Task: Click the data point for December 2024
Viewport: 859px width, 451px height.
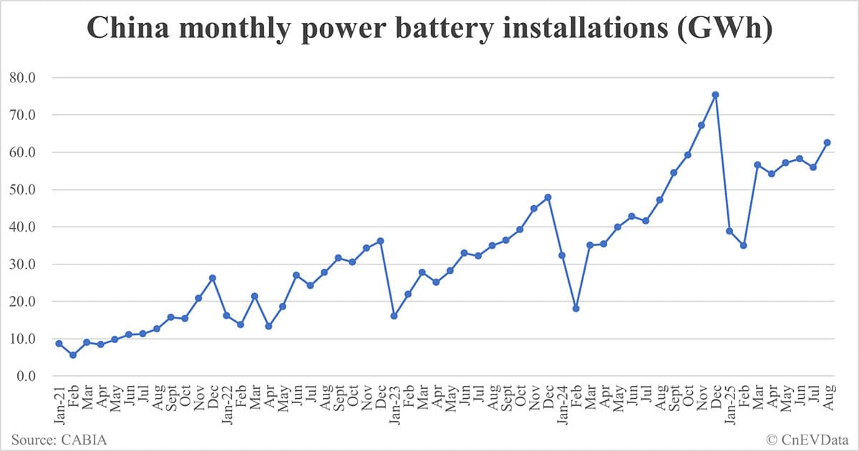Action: [x=715, y=94]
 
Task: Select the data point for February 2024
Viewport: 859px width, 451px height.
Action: [x=576, y=309]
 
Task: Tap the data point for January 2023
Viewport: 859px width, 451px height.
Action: [x=394, y=315]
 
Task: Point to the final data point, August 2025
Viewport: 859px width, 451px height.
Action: [x=827, y=142]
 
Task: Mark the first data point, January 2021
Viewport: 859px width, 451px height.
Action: [x=59, y=343]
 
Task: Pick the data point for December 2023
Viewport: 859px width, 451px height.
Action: [x=548, y=197]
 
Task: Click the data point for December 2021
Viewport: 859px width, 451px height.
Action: [x=212, y=278]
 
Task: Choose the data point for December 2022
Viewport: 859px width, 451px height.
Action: [x=380, y=241]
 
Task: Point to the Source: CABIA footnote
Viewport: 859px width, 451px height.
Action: [x=59, y=439]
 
